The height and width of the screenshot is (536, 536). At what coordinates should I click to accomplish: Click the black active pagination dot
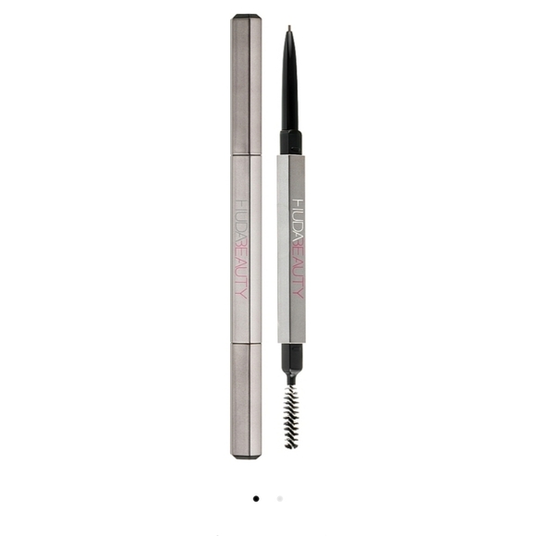tap(256, 498)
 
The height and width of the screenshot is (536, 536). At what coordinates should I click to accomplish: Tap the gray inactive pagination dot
tap(280, 498)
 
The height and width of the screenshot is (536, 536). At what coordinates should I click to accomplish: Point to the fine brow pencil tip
tap(288, 30)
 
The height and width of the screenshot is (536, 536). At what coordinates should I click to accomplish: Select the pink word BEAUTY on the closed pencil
tap(243, 272)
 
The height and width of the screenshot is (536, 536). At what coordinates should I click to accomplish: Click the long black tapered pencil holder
tap(289, 88)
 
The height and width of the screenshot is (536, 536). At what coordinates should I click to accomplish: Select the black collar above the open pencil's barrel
tap(290, 142)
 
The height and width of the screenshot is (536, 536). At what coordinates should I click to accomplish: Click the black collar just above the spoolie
tap(290, 354)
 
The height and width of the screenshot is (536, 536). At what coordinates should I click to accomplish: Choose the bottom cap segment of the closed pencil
tap(246, 397)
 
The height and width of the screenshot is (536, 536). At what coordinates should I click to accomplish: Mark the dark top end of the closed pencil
tap(246, 17)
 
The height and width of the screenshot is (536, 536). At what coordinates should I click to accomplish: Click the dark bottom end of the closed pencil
tap(245, 456)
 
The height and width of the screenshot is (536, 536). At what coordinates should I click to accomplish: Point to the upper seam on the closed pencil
tap(246, 154)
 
